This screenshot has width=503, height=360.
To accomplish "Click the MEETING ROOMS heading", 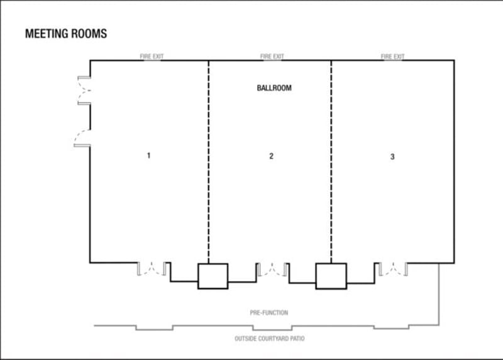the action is click(x=66, y=34).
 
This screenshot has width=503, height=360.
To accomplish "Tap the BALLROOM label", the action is click(x=274, y=88).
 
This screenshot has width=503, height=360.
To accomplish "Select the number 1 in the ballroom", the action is click(x=148, y=155).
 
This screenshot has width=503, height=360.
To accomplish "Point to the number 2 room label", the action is click(x=272, y=156).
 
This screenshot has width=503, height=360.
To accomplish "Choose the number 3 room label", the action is click(x=392, y=157).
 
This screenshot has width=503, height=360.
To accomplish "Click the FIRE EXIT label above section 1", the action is click(x=152, y=57).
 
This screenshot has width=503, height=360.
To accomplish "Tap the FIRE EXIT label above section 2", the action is click(x=272, y=57).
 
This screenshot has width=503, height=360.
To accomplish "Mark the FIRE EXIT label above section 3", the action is click(x=392, y=57).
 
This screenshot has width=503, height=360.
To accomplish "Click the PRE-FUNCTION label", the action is click(x=269, y=312).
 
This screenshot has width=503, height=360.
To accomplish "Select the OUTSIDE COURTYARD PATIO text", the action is click(x=270, y=339).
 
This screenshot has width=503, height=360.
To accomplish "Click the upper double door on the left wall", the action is click(x=84, y=90).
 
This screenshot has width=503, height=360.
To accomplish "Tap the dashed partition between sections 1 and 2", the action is click(x=209, y=162).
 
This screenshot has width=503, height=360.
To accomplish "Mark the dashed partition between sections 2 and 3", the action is click(x=331, y=162).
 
